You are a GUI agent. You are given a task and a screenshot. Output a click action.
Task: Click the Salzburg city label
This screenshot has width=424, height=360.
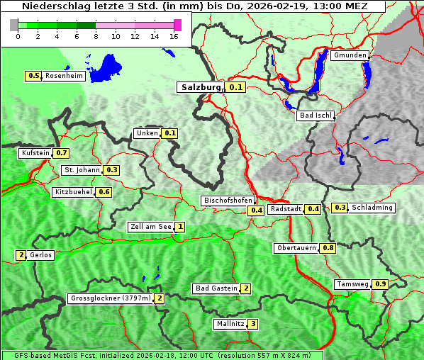click(x=201, y=87)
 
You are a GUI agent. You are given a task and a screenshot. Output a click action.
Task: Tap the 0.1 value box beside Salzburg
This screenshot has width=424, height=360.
click(x=236, y=88)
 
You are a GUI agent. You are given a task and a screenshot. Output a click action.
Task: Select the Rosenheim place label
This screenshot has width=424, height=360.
click(x=63, y=76)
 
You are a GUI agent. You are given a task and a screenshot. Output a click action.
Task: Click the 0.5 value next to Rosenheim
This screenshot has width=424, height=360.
click(x=33, y=76)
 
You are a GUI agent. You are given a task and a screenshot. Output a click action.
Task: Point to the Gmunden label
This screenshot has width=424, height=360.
click(x=350, y=55)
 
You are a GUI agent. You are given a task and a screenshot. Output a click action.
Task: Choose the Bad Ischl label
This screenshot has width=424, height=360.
click(x=315, y=116)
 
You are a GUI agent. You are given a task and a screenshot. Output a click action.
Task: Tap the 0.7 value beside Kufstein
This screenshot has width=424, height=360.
click(x=62, y=153)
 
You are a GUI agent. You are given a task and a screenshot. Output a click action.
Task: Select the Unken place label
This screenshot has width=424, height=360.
click(x=147, y=133)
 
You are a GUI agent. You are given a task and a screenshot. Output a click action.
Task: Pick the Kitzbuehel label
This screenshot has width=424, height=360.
click(x=73, y=192)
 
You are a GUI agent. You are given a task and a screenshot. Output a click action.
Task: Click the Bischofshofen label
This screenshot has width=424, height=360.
click(x=228, y=201)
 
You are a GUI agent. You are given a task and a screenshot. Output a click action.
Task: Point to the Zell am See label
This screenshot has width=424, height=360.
click(x=151, y=227)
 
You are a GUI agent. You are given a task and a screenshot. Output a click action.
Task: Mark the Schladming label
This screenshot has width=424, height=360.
click(x=372, y=208)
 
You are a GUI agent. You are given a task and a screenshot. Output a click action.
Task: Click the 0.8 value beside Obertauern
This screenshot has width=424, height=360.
click(x=328, y=248)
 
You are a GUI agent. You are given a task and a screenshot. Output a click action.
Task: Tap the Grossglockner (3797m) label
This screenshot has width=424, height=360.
click(x=111, y=298)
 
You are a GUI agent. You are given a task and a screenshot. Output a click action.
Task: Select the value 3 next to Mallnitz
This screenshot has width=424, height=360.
click(x=253, y=324)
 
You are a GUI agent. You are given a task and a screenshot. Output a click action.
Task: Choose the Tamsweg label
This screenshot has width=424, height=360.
click(x=352, y=284)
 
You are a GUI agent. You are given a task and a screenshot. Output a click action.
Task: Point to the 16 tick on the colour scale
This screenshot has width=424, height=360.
click(x=174, y=36)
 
